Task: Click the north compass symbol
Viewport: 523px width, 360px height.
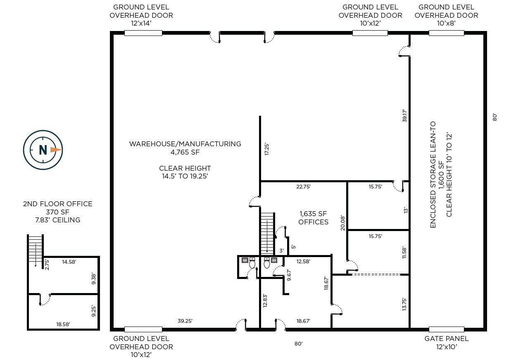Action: (43, 150)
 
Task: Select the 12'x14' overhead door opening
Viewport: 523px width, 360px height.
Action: (143, 33)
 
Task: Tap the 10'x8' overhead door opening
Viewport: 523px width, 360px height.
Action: (446, 33)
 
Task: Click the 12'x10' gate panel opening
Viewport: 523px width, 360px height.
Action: (446, 329)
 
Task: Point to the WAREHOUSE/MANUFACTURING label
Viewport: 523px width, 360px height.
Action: (185, 144)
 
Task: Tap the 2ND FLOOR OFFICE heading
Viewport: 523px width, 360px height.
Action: (58, 204)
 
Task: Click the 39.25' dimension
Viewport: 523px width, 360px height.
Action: (185, 321)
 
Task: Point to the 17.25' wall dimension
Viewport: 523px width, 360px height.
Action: (267, 149)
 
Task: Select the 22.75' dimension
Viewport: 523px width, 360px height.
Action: (303, 187)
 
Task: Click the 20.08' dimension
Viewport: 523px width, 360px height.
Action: (342, 222)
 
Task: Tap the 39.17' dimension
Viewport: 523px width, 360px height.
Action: (405, 115)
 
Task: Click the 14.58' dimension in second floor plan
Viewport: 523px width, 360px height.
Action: (69, 262)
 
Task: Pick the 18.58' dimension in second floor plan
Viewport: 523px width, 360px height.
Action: (63, 324)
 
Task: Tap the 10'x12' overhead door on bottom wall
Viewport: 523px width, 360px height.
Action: (143, 329)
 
